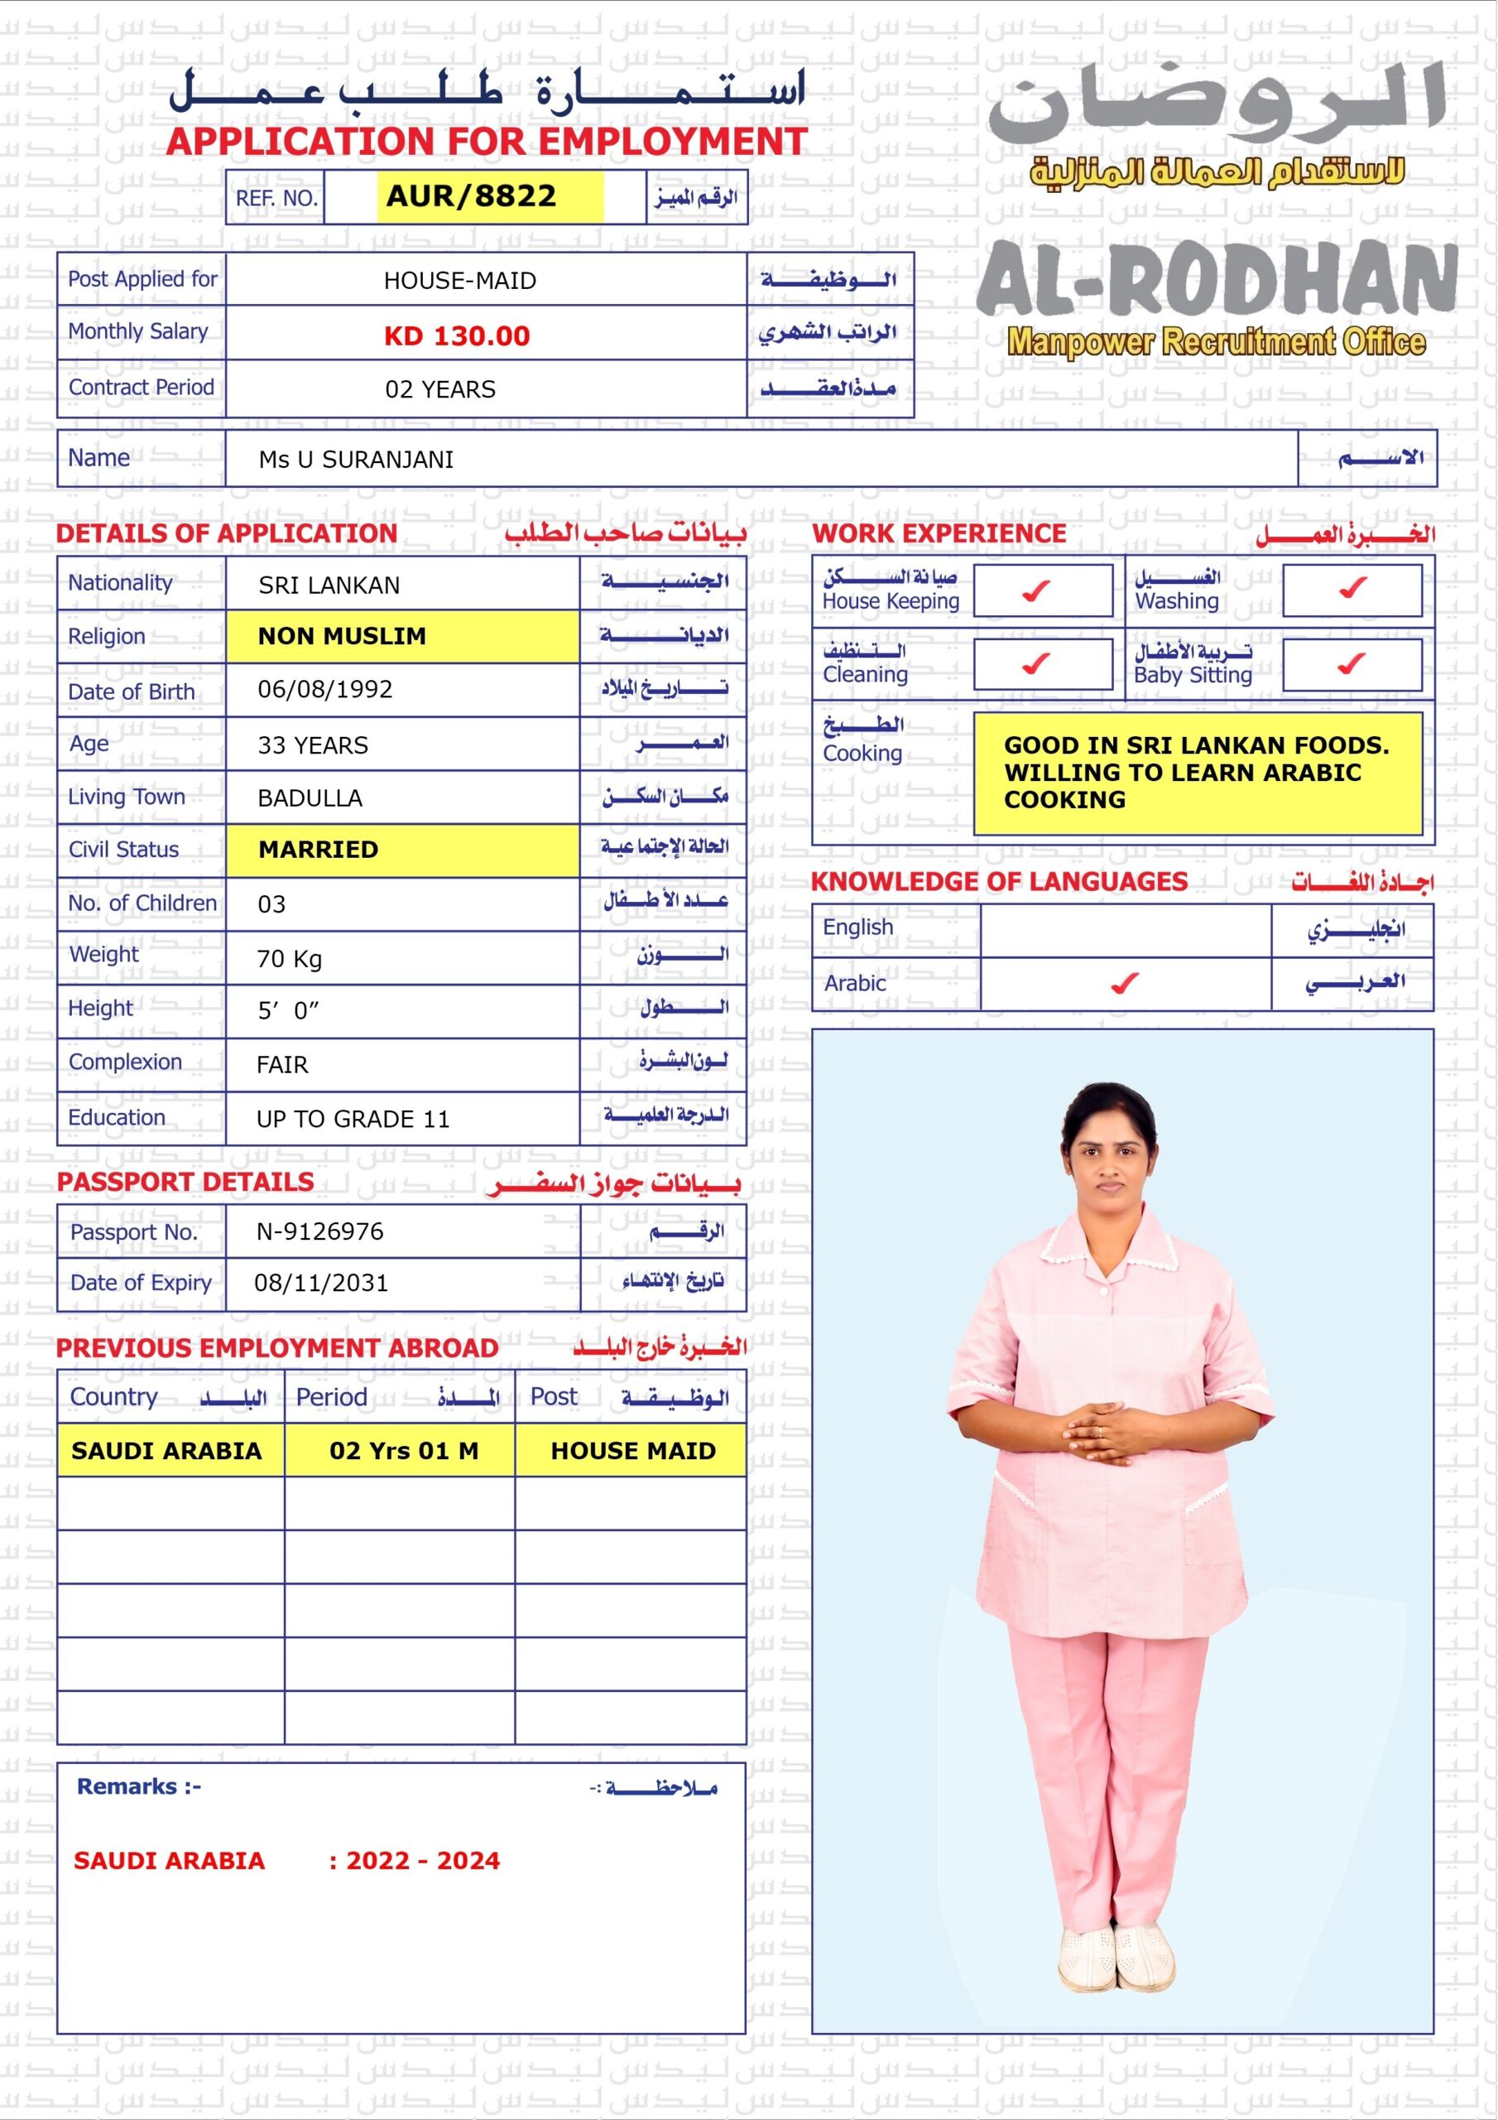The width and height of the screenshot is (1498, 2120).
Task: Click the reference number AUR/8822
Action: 471,195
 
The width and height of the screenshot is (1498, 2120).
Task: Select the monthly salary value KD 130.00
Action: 457,335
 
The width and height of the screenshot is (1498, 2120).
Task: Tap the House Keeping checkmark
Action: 1036,590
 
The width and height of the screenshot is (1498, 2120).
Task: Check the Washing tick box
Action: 1352,588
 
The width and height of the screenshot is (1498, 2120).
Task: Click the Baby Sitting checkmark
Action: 1352,664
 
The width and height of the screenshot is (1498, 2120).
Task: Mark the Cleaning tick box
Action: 1036,664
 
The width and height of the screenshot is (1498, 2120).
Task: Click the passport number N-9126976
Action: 319,1231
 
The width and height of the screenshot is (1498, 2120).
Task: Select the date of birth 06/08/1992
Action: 325,690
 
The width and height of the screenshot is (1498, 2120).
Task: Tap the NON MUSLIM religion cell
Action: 342,636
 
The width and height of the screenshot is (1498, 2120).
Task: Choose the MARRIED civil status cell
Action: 318,850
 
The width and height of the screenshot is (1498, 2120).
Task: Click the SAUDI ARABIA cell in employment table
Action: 166,1451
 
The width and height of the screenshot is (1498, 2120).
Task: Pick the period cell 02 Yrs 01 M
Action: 403,1451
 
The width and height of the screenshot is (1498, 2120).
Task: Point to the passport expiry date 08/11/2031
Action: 320,1283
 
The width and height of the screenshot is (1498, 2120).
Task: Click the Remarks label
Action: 138,1785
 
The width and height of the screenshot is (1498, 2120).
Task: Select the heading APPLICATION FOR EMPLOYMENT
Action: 487,142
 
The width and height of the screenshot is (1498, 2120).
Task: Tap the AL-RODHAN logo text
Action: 1217,278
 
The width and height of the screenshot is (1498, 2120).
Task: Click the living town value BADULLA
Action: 310,797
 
